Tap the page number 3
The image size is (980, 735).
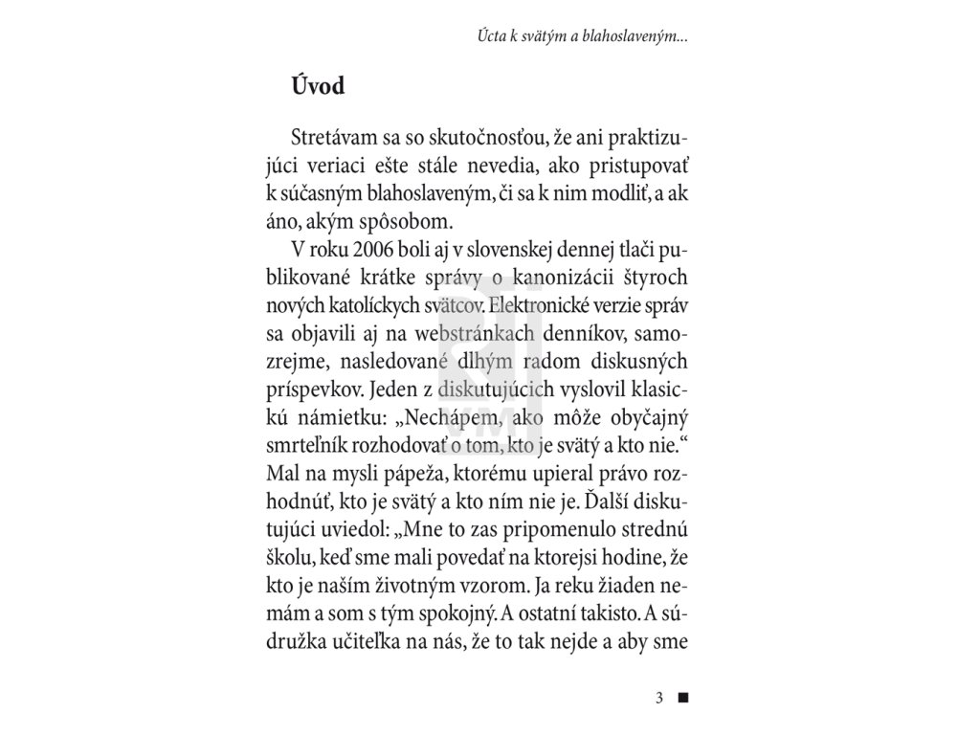(659, 697)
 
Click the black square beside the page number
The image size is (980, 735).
(682, 697)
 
